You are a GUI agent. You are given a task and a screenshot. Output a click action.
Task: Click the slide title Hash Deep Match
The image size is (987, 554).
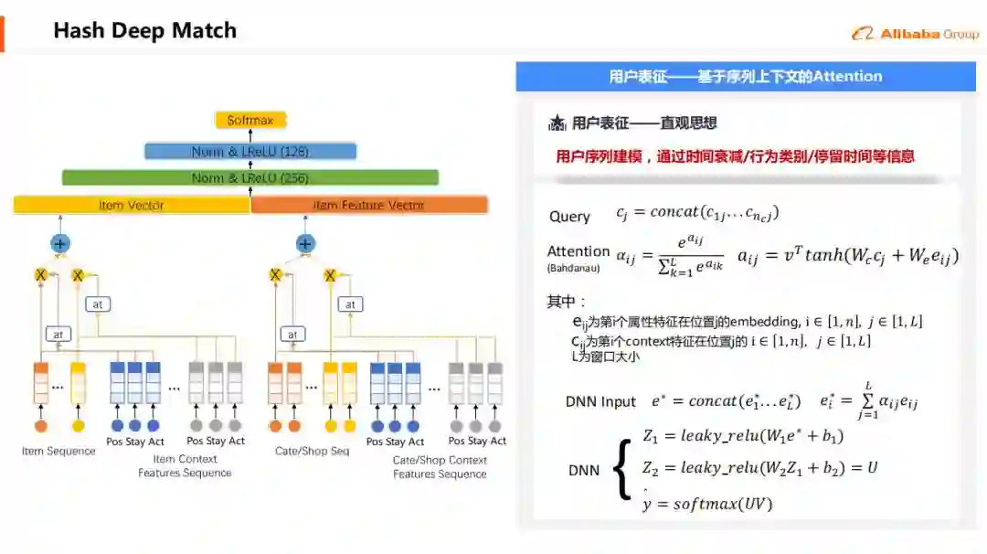click(144, 30)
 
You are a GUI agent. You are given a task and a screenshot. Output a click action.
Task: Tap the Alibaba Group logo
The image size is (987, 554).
click(915, 34)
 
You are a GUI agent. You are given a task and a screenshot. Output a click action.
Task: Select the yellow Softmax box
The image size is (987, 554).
click(250, 120)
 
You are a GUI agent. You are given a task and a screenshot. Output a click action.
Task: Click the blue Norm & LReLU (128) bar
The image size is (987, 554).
click(250, 151)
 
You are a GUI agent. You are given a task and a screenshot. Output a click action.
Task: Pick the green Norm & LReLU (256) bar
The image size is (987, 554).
click(250, 177)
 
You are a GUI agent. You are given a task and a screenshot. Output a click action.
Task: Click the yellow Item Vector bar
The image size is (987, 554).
click(132, 205)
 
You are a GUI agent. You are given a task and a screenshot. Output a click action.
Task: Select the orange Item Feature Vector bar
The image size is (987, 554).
click(369, 205)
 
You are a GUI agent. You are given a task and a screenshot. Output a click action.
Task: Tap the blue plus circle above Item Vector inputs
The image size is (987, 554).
click(60, 244)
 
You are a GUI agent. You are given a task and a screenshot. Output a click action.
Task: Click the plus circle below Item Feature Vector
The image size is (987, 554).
click(305, 244)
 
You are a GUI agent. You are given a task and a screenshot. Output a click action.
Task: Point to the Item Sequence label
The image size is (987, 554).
click(58, 451)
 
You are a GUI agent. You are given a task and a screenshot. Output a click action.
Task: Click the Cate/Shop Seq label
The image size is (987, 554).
click(312, 451)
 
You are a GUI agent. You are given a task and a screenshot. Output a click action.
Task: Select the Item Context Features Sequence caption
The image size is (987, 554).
click(185, 466)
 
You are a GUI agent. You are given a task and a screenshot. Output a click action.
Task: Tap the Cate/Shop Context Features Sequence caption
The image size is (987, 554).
click(440, 466)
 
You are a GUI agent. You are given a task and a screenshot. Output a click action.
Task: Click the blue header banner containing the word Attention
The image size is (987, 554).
click(746, 77)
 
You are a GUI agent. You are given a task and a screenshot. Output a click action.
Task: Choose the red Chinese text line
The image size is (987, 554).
click(735, 156)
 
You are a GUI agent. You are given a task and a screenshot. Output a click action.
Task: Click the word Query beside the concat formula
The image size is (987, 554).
click(569, 217)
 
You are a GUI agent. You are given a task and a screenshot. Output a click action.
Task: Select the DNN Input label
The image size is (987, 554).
click(600, 401)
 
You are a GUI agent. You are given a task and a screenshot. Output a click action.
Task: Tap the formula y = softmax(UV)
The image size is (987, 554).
click(708, 504)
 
